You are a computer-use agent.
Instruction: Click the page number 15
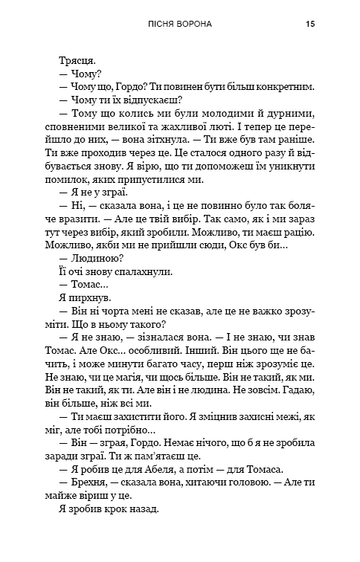point(310,24)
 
